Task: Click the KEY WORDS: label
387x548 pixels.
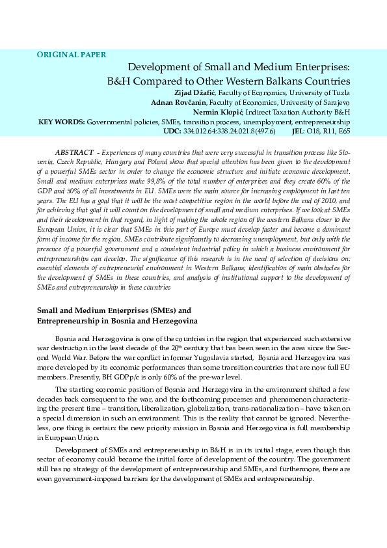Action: click(x=62, y=121)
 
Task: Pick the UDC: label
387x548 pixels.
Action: click(x=172, y=131)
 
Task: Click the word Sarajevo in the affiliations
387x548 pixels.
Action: click(x=334, y=102)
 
